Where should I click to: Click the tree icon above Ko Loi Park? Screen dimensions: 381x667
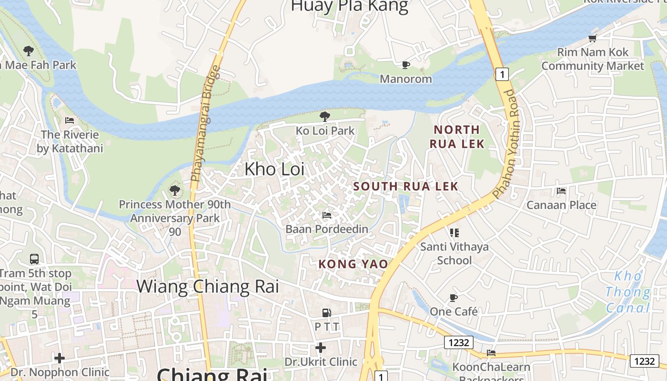click(325, 116)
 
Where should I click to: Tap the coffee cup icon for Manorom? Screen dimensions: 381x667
click(405, 65)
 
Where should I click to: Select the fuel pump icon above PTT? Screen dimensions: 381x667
click(327, 313)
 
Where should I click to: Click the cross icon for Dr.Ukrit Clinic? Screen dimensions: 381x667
click(321, 348)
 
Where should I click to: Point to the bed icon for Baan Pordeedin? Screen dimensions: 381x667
click(327, 215)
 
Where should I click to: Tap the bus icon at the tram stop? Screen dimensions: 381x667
click(34, 259)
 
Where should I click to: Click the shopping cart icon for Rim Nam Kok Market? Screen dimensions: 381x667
click(593, 38)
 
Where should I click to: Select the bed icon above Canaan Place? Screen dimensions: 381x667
click(561, 191)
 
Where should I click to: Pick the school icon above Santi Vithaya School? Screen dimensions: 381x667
click(455, 233)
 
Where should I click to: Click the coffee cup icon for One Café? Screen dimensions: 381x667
click(454, 298)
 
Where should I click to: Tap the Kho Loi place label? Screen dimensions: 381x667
click(274, 169)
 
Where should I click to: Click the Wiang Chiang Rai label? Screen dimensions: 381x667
click(208, 287)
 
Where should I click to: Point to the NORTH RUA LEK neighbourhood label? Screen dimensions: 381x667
click(457, 137)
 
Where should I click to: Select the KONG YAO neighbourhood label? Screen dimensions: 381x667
click(353, 264)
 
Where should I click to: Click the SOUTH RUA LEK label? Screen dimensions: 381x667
click(406, 186)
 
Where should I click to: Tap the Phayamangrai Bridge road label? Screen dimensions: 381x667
click(206, 124)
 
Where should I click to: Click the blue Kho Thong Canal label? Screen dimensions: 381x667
click(628, 291)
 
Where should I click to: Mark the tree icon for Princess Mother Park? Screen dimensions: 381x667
click(175, 191)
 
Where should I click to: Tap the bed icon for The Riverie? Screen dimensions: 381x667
click(70, 120)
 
